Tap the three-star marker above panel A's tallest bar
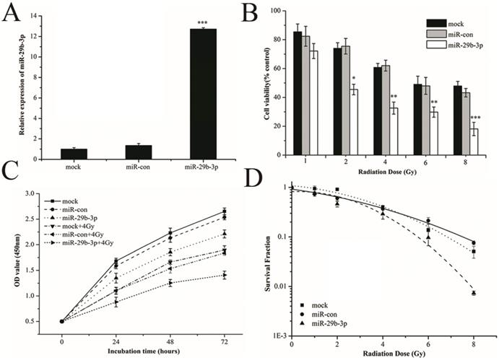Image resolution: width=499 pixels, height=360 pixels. tap(200, 22)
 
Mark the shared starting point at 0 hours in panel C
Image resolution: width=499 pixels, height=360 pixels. tap(62, 321)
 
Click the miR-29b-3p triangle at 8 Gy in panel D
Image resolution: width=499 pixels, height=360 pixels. tap(474, 294)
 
